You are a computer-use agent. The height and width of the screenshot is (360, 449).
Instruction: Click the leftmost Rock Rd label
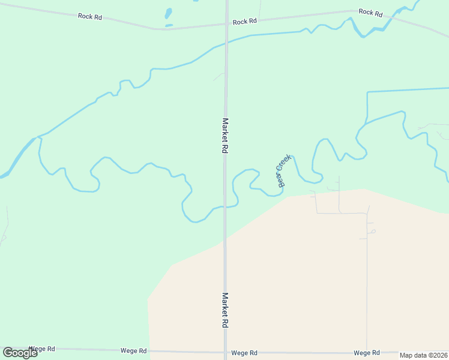pos(90,16)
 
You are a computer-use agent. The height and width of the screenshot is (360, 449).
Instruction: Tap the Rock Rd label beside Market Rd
pos(245,22)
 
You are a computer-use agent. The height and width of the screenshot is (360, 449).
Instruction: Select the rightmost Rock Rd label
pos(370,12)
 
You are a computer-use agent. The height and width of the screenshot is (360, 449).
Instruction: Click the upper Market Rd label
pos(225,136)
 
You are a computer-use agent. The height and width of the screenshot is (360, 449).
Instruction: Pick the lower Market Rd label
pos(225,310)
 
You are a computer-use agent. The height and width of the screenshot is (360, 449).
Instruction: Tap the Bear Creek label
pos(284,171)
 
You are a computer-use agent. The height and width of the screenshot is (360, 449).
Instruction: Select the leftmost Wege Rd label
pos(42,349)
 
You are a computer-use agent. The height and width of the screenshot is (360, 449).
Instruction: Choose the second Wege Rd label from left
pos(134,351)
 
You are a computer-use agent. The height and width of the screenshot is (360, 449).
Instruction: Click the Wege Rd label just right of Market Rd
pos(245,353)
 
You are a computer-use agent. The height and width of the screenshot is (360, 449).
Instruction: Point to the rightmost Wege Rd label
pos(367,353)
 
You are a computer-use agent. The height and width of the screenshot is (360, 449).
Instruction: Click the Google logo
pos(20,353)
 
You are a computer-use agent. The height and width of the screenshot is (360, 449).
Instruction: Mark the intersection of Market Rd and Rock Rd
pos(226,25)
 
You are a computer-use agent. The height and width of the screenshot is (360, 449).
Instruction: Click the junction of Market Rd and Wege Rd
pos(225,353)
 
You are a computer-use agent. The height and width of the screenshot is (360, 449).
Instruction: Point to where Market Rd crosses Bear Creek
pos(225,207)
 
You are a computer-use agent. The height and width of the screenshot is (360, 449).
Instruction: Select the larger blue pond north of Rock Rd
pos(169,13)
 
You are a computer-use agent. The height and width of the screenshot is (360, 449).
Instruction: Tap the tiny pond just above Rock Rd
pos(169,25)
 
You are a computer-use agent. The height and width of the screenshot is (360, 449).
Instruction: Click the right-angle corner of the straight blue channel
pos(367,92)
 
